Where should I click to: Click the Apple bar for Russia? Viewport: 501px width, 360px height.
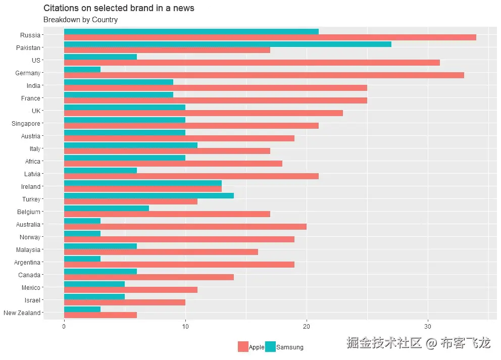pyautogui.click(x=270, y=37)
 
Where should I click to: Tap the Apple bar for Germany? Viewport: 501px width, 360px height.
pyautogui.click(x=264, y=75)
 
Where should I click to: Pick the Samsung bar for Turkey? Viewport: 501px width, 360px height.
pyautogui.click(x=148, y=195)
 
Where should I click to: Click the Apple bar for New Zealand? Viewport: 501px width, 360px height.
pyautogui.click(x=100, y=315)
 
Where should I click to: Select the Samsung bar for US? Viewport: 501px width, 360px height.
pyautogui.click(x=100, y=57)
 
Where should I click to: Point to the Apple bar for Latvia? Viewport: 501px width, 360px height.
pyautogui.click(x=191, y=176)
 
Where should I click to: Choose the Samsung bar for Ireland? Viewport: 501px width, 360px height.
pyautogui.click(x=142, y=183)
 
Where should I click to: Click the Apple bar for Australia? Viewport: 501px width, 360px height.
pyautogui.click(x=185, y=227)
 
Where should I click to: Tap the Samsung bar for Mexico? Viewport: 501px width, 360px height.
pyautogui.click(x=94, y=284)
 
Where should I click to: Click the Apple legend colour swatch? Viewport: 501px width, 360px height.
pyautogui.click(x=243, y=347)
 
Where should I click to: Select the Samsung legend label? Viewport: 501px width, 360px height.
pyautogui.click(x=290, y=347)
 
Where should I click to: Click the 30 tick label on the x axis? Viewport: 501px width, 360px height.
pyautogui.click(x=428, y=327)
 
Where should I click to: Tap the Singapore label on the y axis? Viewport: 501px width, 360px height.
pyautogui.click(x=26, y=124)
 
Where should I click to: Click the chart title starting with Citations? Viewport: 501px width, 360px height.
pyautogui.click(x=119, y=8)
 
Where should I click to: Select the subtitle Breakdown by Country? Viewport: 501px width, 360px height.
pyautogui.click(x=80, y=20)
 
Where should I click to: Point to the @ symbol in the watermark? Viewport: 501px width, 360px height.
pyautogui.click(x=431, y=344)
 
